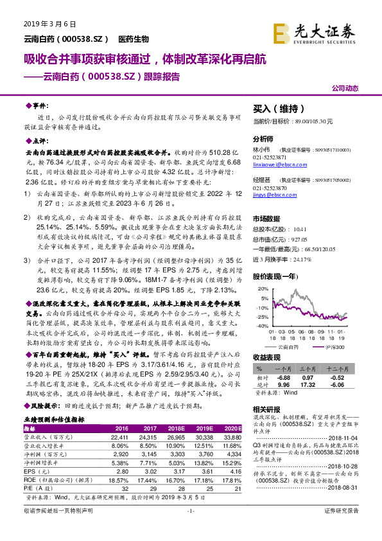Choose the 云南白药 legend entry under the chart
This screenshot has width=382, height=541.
point(290,346)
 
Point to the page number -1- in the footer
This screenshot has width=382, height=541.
point(191,528)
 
